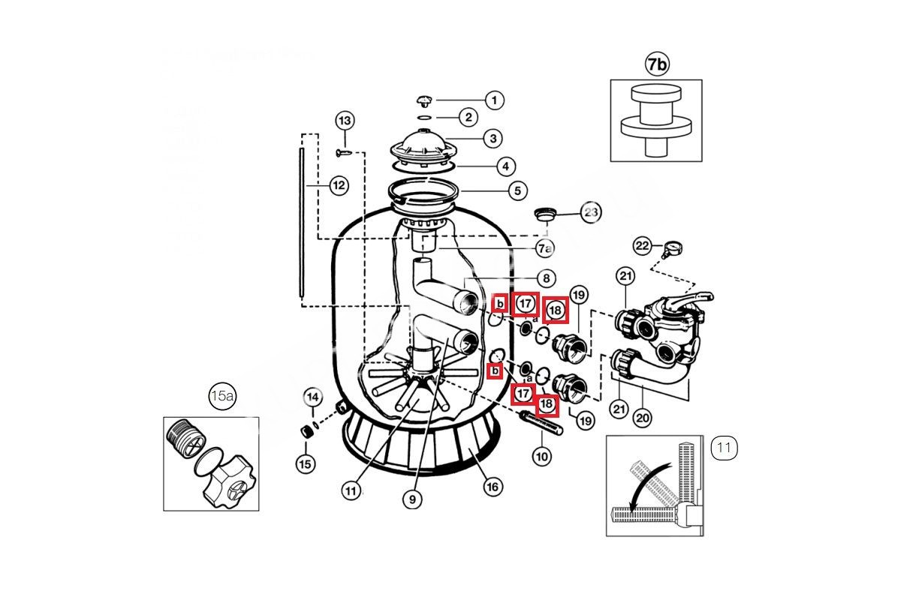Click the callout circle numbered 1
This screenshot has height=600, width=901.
point(494,100)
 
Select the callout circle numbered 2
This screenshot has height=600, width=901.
point(469,117)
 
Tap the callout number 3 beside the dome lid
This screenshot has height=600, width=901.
point(493,139)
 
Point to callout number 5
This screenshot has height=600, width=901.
point(517,191)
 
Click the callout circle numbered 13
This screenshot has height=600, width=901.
point(345,121)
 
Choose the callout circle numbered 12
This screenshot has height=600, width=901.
point(339,186)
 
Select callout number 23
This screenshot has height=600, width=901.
point(590,212)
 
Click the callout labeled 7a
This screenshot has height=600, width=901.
point(544,249)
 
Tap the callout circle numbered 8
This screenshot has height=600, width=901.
point(546,278)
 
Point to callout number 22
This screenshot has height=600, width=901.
point(642,245)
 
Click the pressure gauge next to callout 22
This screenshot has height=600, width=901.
point(672,248)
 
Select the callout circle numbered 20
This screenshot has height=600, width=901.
point(643,418)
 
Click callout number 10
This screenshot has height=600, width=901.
point(542,457)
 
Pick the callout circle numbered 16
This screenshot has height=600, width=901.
point(493,487)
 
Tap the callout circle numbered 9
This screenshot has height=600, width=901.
point(412,499)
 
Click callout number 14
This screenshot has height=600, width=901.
point(313,397)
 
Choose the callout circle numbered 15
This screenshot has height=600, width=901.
point(305,464)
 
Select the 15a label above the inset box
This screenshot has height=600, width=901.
point(222,396)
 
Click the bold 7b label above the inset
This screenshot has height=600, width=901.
point(657,64)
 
